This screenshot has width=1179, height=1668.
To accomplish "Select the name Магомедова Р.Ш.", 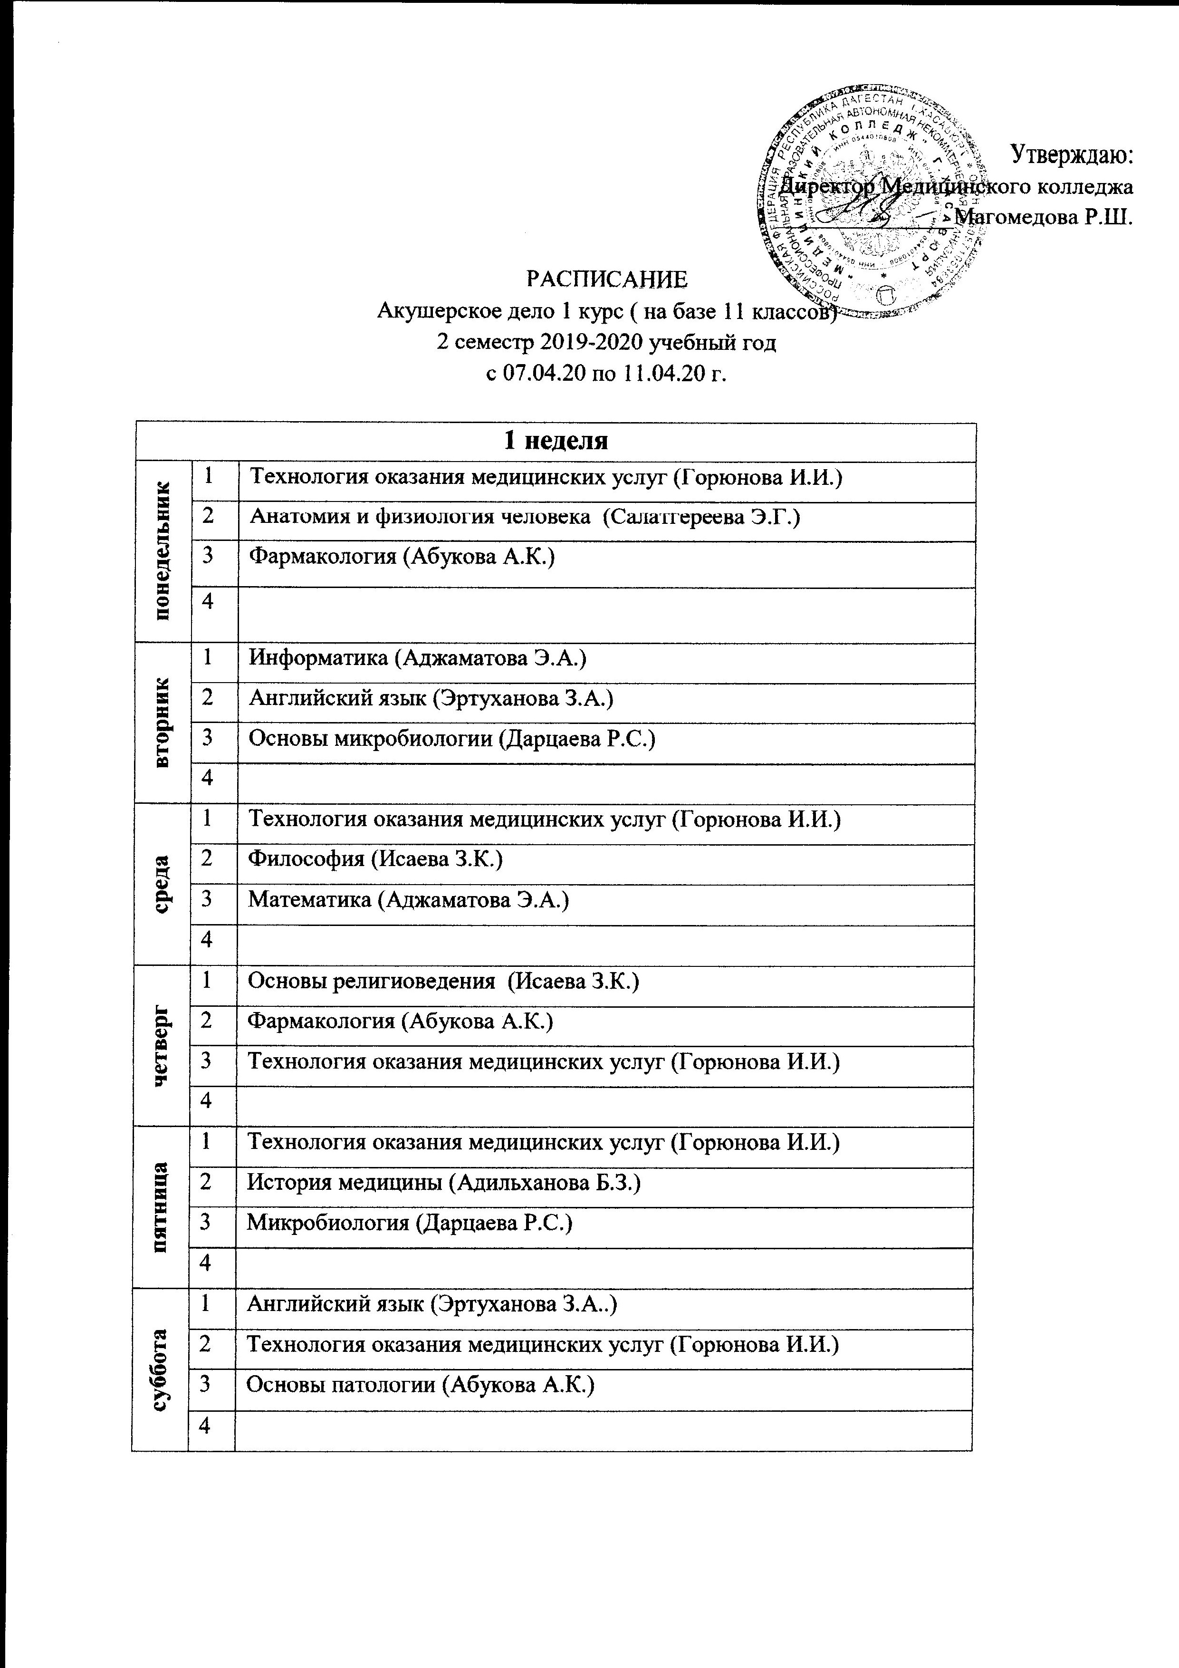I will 1045,217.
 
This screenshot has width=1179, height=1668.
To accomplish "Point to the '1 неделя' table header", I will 556,441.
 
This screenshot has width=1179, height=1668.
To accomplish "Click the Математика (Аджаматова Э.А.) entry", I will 408,899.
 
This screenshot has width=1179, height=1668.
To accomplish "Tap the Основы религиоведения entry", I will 443,982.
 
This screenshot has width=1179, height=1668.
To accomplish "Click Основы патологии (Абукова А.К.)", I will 421,1385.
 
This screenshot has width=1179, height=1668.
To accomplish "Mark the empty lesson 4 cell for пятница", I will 604,1263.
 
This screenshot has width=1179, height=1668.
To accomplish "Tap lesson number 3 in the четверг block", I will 208,1061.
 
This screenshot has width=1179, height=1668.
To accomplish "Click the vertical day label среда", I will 163,884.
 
